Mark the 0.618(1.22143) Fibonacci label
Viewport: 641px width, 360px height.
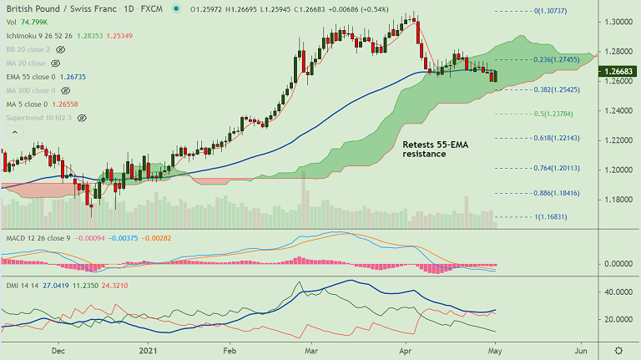coord(555,138)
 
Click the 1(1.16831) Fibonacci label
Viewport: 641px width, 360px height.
coord(552,216)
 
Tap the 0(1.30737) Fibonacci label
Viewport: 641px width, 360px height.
coord(550,12)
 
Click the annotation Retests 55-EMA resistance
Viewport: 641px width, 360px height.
coord(430,149)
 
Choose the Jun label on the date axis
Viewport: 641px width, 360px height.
coord(581,351)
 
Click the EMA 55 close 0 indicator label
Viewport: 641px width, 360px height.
coord(28,76)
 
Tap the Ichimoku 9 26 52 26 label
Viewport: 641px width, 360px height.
coord(38,36)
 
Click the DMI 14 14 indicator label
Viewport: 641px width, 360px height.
coord(19,284)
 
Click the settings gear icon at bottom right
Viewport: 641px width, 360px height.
coord(618,351)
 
